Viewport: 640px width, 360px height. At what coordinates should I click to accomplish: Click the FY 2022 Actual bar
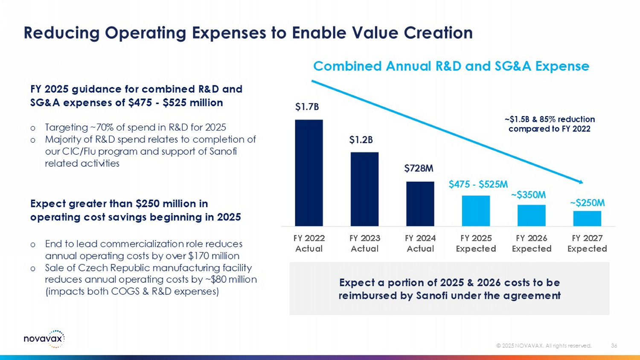tap(308, 173)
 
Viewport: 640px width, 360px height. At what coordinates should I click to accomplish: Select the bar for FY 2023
tap(364, 189)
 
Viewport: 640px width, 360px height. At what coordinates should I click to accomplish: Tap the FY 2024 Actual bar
tap(420, 204)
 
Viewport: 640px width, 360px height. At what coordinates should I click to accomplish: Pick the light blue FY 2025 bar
tap(476, 211)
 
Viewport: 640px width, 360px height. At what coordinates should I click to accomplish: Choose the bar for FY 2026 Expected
tap(531, 215)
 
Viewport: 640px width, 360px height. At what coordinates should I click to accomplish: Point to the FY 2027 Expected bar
tap(587, 218)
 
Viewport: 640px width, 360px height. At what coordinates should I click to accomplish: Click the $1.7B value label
tap(307, 107)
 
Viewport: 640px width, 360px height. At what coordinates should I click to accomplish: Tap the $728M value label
tap(419, 168)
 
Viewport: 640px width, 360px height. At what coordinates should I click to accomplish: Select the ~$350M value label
tap(528, 195)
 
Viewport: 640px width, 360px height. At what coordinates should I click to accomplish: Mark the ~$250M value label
tap(587, 203)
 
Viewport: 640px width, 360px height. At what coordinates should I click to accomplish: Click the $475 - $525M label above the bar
tap(478, 184)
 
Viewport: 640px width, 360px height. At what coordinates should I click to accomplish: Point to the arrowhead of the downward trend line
tap(581, 182)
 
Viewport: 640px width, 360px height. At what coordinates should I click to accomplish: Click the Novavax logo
tap(44, 339)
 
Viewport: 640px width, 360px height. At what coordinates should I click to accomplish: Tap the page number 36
tap(614, 345)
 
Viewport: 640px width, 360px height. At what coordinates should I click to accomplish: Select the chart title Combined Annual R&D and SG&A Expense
tap(451, 66)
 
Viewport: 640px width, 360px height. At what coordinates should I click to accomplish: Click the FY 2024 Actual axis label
tap(420, 243)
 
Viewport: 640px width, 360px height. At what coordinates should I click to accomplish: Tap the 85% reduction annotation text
tap(550, 124)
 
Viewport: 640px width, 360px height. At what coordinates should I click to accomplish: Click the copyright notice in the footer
tap(544, 345)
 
